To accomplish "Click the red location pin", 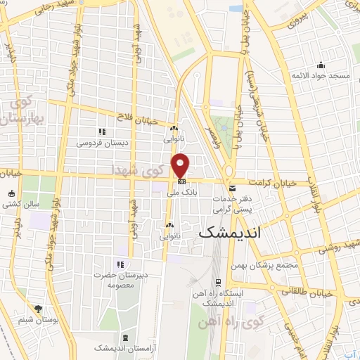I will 181,165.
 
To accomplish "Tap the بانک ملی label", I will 182,191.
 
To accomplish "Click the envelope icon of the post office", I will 232,188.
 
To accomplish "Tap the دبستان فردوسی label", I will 100,143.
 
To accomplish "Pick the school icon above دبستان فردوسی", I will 102,131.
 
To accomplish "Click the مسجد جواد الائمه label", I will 322,75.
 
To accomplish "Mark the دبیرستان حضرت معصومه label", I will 118,282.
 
